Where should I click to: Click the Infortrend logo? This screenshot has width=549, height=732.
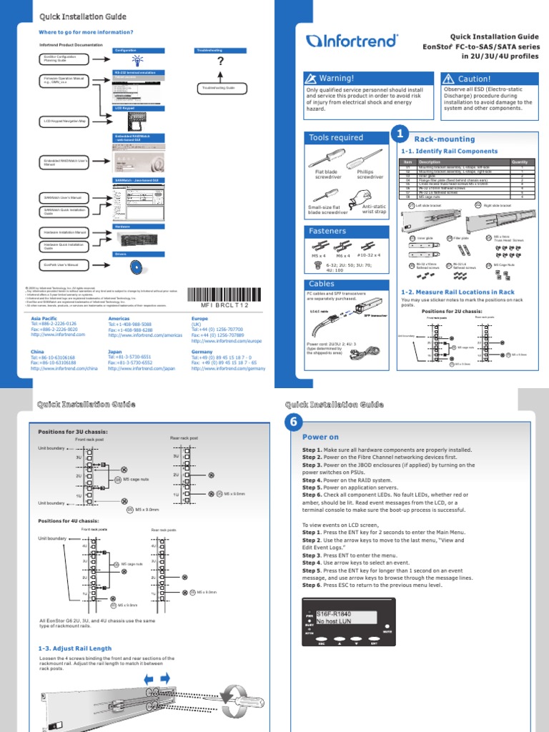347,41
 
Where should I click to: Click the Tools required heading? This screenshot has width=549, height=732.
345,137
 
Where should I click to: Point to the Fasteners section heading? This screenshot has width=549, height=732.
345,231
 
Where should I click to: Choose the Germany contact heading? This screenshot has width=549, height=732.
202,352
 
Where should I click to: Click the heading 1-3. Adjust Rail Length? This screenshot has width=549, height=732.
75,648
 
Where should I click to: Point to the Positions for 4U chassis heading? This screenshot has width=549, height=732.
68,520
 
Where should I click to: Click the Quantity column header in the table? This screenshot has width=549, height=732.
520,162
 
